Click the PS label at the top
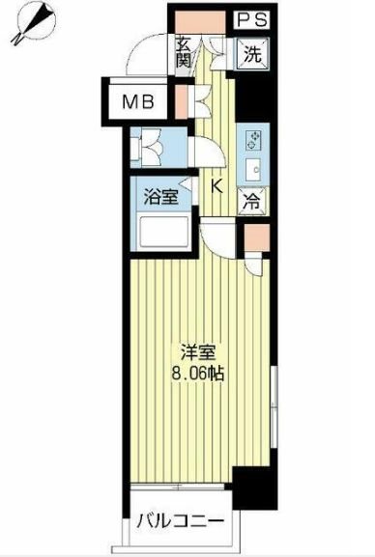[250, 17]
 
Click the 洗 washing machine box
[250, 54]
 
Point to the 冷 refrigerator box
[251, 205]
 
